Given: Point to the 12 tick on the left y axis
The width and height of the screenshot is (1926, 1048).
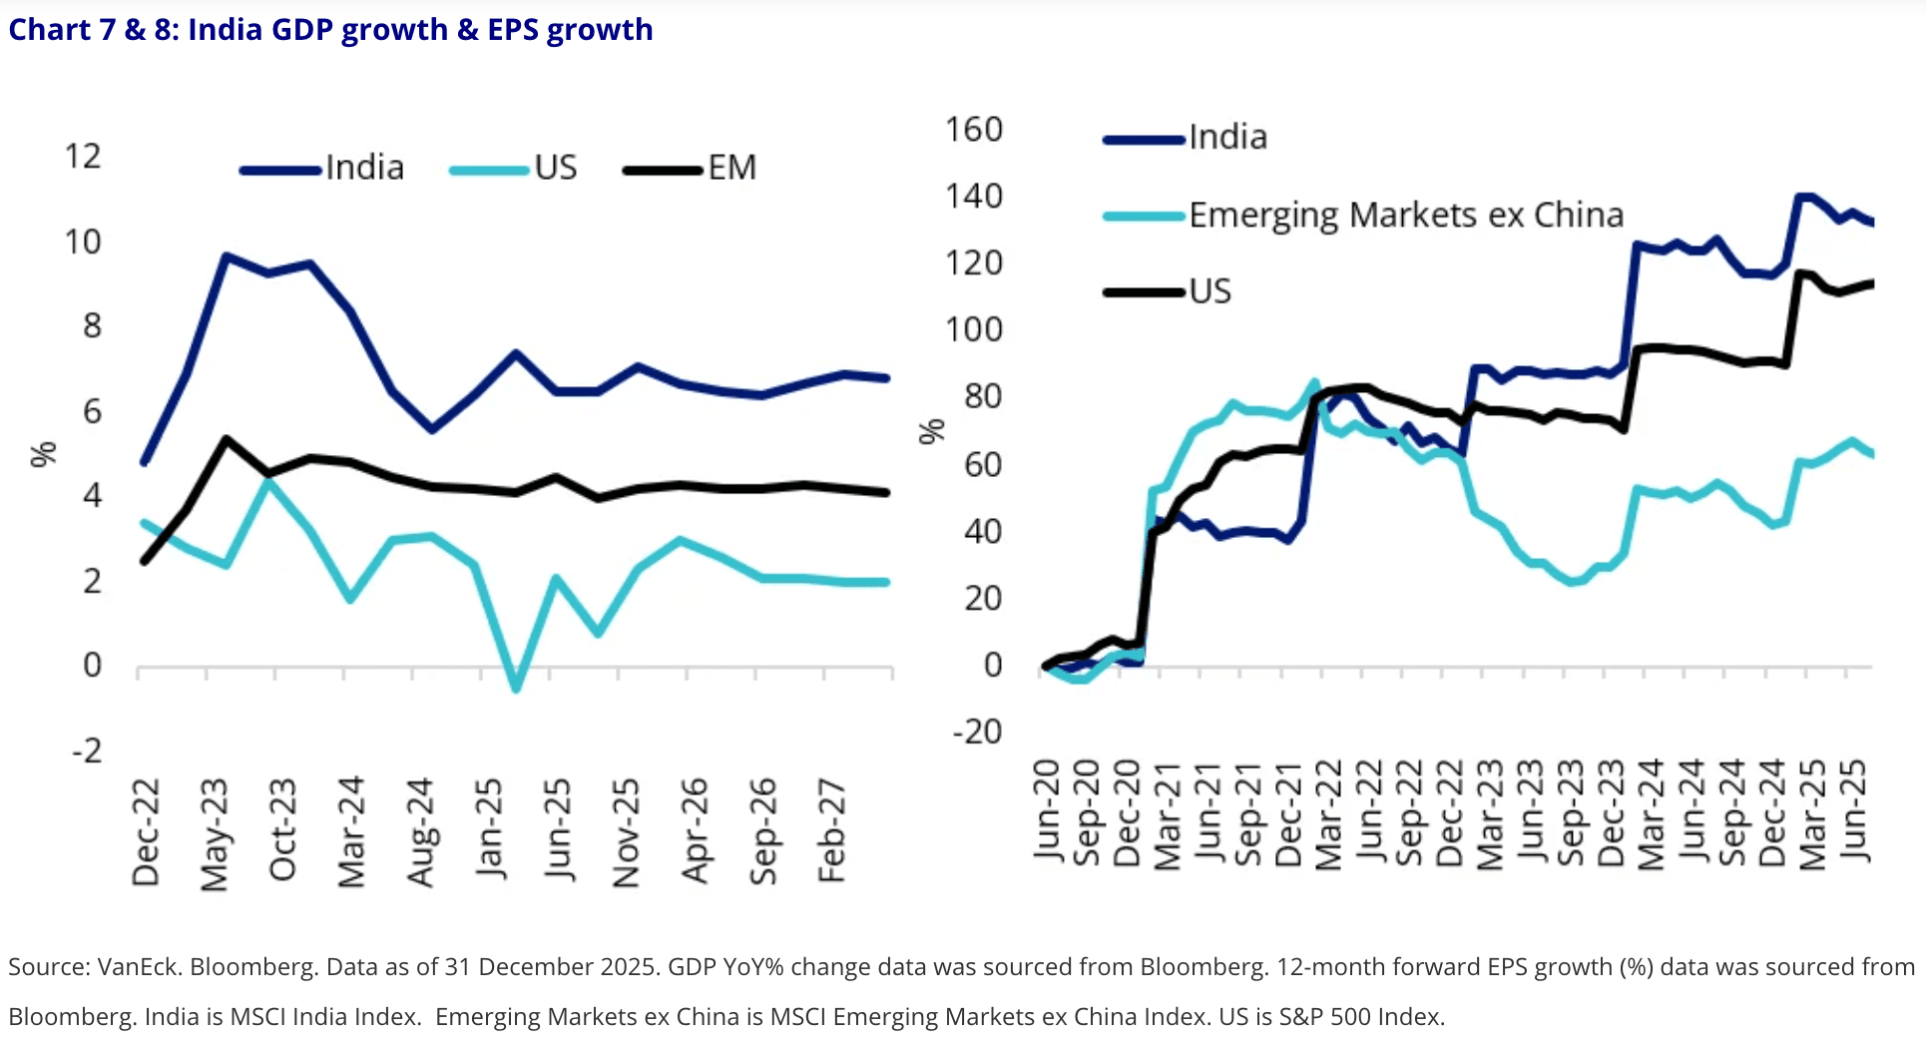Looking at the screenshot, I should pos(83,157).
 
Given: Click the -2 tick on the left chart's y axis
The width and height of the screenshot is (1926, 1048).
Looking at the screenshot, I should pos(88,751).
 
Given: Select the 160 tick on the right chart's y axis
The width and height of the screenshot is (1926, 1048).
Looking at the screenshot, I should pos(973,130).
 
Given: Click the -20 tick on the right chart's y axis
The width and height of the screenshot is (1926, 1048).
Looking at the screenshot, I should pos(977,732).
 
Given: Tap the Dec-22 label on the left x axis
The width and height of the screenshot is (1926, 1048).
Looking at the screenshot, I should pos(146,832).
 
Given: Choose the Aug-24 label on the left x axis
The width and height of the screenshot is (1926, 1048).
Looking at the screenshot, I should pos(421,832).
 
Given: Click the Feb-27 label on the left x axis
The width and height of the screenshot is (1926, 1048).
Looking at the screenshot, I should pos(831,832).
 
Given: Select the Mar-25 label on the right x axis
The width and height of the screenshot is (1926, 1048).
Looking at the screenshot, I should pos(1812,814).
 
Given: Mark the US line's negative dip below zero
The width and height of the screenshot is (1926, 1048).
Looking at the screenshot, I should pos(516,688).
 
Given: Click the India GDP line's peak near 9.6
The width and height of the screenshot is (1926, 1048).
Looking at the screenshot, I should pos(227,257).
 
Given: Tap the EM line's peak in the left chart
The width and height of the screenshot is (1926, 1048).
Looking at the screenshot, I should pos(227,439).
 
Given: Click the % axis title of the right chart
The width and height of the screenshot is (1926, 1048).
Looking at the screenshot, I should pos(931,431).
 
